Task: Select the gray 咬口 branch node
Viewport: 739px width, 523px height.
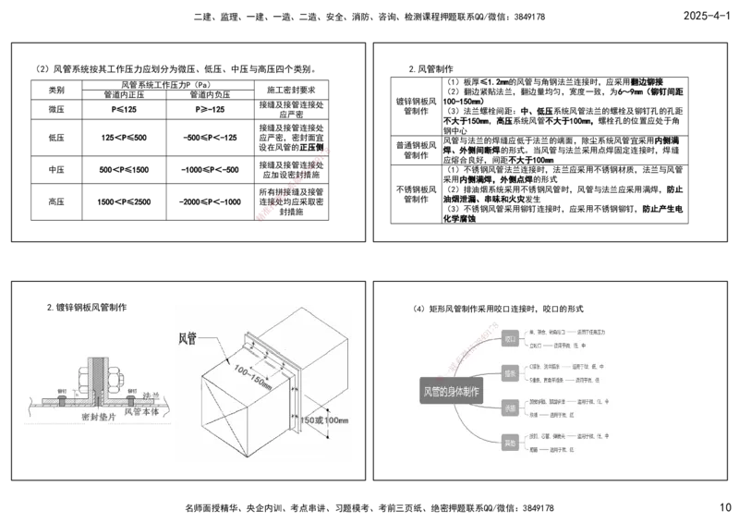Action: (x=510, y=339)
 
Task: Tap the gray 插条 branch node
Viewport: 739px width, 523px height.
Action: (x=510, y=373)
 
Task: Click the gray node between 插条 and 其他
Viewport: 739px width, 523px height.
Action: (x=510, y=407)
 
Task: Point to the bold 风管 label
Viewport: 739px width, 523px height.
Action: (x=188, y=338)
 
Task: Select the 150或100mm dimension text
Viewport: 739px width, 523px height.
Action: (x=323, y=420)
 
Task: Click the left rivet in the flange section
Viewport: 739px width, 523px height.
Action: (x=62, y=398)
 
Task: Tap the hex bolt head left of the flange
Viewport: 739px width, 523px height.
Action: (x=84, y=379)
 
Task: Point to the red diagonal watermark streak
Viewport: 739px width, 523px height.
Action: (x=294, y=182)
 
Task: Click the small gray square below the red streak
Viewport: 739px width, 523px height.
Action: (x=262, y=225)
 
